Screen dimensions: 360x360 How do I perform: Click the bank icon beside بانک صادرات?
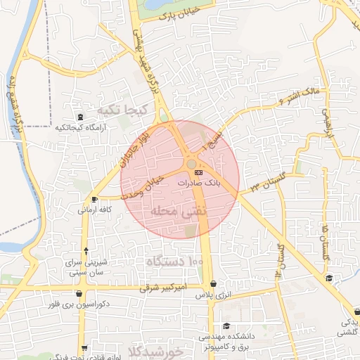pos(199,171)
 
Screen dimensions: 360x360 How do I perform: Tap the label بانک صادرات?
pos(199,181)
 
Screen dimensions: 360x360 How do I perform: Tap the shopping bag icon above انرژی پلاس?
pos(213,284)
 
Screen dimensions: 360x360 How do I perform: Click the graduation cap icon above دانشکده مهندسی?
pos(226,326)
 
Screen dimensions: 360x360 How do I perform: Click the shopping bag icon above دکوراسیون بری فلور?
pos(79,294)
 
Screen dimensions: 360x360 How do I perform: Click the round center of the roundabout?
pos(191,165)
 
